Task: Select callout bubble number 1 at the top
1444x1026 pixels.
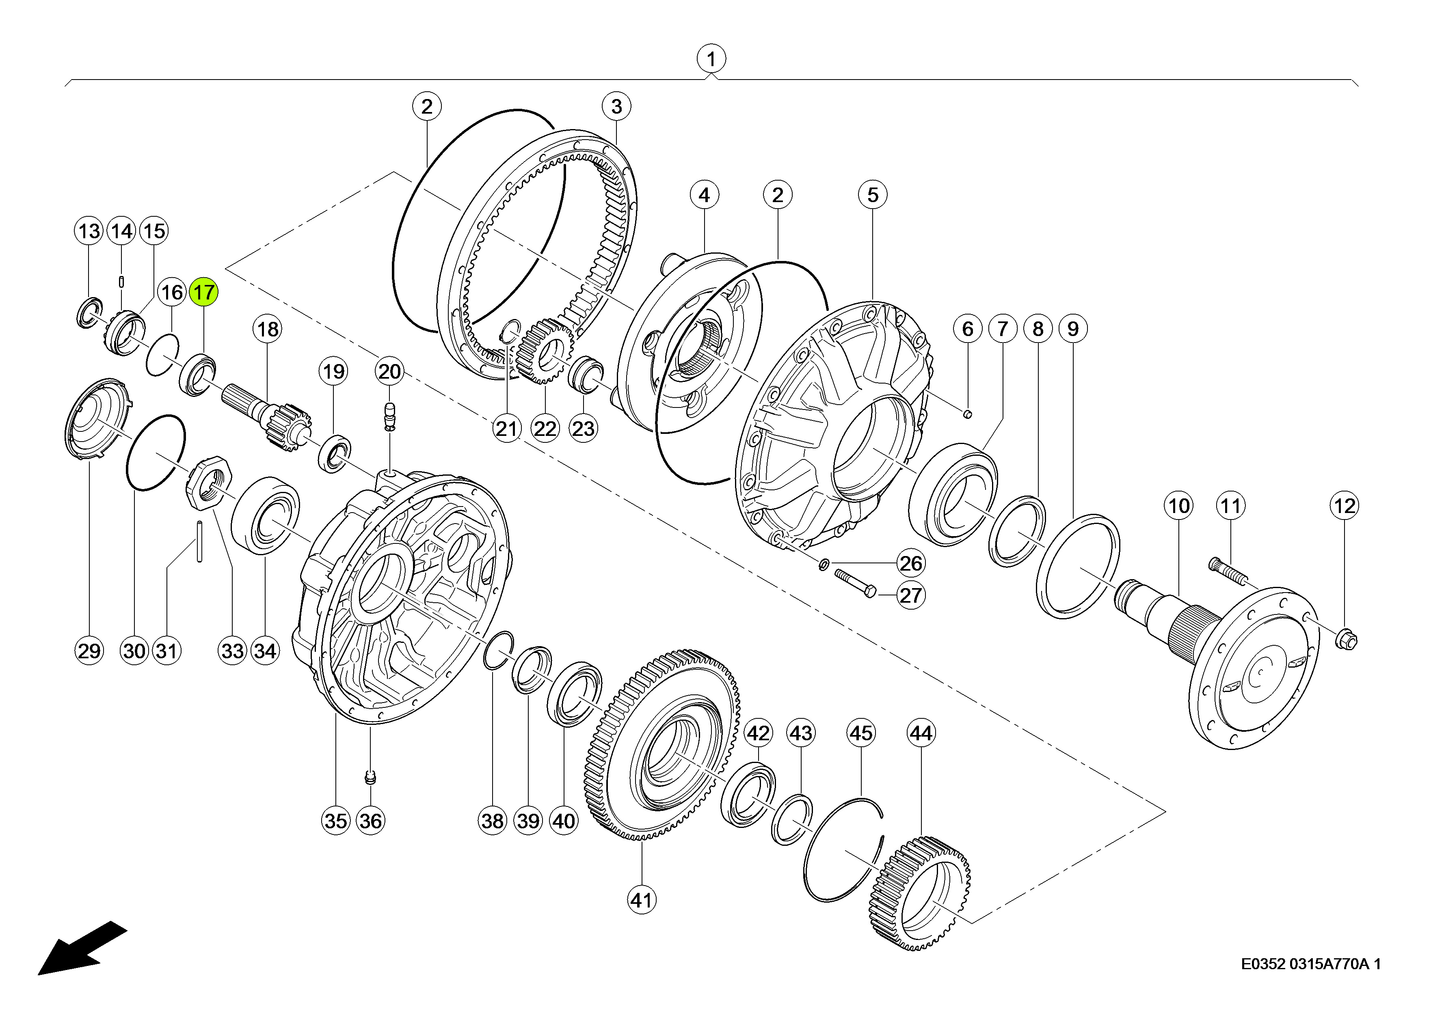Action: [x=711, y=59]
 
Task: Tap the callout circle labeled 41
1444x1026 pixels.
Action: [x=642, y=900]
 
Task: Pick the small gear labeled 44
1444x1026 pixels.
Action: [x=921, y=893]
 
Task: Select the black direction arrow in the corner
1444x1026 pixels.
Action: [x=82, y=948]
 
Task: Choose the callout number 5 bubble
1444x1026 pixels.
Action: [x=873, y=194]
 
